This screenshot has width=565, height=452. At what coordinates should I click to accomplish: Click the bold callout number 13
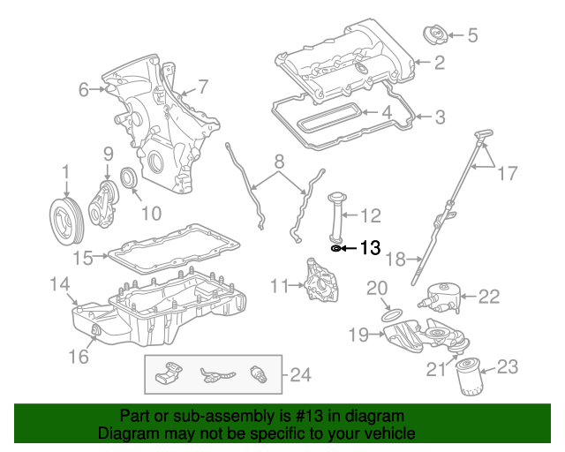click(371, 249)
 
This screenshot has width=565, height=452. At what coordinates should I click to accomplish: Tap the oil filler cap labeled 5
click(435, 36)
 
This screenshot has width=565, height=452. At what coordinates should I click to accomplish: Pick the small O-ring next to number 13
click(336, 249)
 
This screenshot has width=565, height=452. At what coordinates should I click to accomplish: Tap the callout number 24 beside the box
click(301, 376)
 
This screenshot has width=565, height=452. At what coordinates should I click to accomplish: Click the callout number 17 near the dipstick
click(508, 174)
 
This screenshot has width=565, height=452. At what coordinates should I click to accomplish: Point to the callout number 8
click(278, 162)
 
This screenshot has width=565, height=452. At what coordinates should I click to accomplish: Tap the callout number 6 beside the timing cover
click(85, 89)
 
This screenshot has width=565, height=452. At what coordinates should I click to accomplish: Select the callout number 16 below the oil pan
click(79, 356)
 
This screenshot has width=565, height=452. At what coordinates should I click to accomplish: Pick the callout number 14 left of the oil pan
click(59, 284)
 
